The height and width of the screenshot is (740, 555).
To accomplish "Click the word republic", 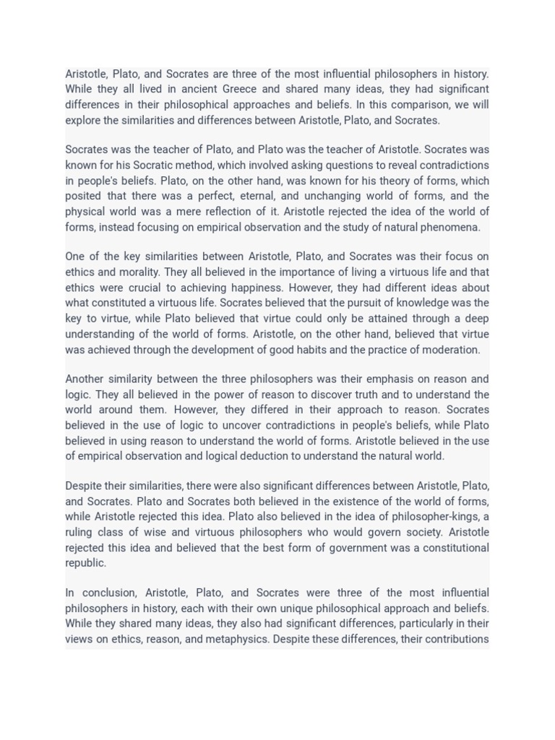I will pos(85,564).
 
